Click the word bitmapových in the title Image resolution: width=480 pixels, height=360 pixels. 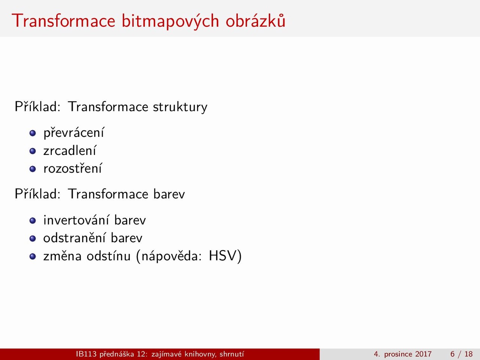coord(170,21)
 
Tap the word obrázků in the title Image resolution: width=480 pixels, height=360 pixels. coord(255,20)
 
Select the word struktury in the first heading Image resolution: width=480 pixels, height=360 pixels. coord(180,107)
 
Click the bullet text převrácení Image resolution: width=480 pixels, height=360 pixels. coord(74,132)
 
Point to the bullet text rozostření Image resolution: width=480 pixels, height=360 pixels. coord(72,168)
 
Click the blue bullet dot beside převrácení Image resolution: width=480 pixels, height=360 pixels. coord(33,133)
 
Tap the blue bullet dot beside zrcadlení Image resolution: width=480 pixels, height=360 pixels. coord(33,151)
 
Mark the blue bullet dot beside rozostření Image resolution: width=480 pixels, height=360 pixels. coord(33,169)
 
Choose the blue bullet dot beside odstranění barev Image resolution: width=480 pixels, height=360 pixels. coord(33,238)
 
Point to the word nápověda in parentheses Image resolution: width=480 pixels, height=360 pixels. coord(171,256)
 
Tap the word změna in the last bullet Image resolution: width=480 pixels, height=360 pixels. coord(62,255)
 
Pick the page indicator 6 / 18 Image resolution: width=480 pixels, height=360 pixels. coord(461,354)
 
